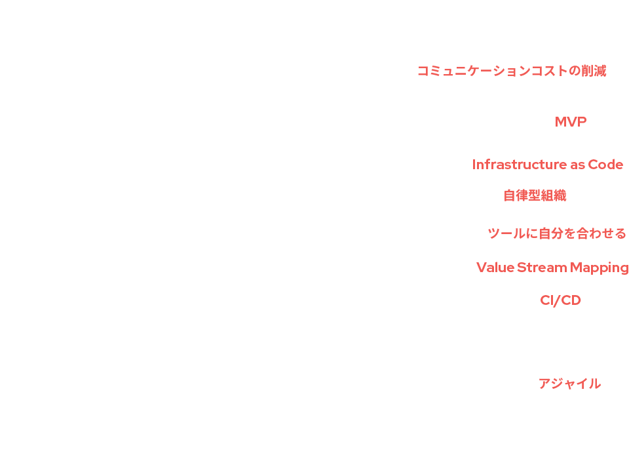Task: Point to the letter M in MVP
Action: (x=562, y=122)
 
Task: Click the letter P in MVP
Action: (x=581, y=122)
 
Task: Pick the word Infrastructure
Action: (x=519, y=165)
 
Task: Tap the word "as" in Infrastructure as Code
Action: (x=577, y=165)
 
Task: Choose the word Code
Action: (x=605, y=165)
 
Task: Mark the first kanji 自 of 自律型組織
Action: (x=510, y=195)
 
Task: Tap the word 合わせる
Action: (x=601, y=233)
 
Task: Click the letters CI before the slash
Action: (x=547, y=300)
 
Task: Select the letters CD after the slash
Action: (x=571, y=300)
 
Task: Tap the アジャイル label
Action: (x=569, y=384)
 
